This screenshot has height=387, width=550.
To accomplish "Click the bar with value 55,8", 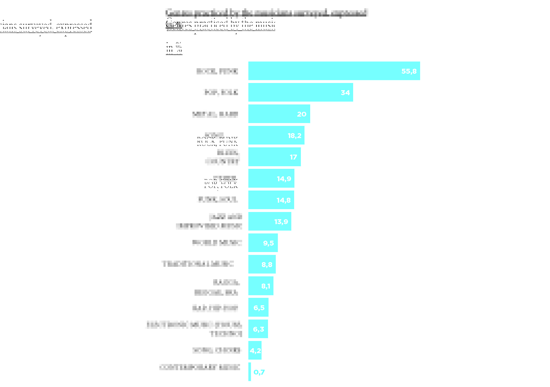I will coord(334,71).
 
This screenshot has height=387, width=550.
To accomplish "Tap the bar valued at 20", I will coord(279,114).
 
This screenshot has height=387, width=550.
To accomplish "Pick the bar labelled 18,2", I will coord(276,135).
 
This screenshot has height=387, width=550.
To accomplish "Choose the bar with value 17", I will coord(274,157).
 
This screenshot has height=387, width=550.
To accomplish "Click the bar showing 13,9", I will coord(269,221).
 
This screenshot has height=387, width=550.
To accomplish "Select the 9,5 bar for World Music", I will coord(263,243).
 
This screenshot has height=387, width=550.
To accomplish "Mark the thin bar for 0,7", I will coord(250,372).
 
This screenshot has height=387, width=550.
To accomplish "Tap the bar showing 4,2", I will coord(255,350).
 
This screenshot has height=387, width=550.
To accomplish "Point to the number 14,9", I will coord(284,179).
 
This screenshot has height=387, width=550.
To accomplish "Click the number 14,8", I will coord(284,200).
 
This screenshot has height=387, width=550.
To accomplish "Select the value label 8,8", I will coord(267,264).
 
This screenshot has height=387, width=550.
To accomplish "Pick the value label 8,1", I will coord(266,286).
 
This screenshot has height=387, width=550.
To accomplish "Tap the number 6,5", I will coord(259,308).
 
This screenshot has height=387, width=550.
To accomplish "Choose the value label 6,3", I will coord(258,329).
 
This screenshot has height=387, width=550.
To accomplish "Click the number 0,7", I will coord(259,372).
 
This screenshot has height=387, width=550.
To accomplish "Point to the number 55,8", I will coord(409,71).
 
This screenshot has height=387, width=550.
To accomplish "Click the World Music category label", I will coord(217,242).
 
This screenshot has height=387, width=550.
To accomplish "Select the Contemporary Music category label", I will coord(200,367).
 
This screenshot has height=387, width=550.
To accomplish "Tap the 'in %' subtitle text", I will coord(174,48).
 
